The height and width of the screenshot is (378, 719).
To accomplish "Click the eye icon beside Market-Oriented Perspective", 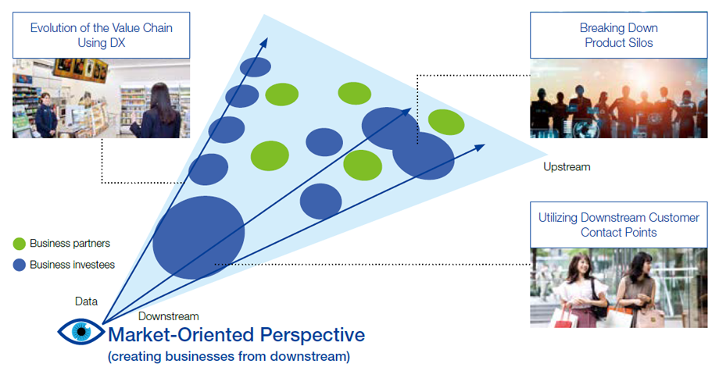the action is [x=81, y=332].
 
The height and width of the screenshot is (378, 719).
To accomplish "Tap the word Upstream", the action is [x=567, y=167].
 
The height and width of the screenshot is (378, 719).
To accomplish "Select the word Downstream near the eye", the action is [x=168, y=316].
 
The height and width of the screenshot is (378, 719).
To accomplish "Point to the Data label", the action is [x=86, y=301].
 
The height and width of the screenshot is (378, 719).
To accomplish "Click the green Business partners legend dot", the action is [x=20, y=244].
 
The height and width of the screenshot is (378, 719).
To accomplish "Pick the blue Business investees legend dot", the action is [x=20, y=265].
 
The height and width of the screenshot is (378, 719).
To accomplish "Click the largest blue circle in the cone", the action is [x=199, y=237].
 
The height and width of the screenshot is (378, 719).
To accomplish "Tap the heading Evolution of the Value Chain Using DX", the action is [x=102, y=35].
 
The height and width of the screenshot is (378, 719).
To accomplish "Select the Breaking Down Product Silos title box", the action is [x=619, y=35].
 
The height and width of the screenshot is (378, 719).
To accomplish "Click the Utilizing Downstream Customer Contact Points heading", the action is [x=619, y=225].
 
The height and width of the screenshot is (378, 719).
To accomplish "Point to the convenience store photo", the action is [x=102, y=98].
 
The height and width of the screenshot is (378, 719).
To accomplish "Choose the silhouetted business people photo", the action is [x=619, y=98].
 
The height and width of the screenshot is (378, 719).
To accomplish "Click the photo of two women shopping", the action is [x=619, y=287].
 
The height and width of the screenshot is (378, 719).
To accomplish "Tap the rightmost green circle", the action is [x=446, y=123].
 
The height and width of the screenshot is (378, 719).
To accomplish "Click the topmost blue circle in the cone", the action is [x=256, y=67].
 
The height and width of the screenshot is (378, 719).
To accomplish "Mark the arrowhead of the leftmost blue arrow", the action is [x=264, y=42].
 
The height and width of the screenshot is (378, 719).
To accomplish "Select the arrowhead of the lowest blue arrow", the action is [x=480, y=148].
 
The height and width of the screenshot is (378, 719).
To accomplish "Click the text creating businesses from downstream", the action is [x=229, y=356].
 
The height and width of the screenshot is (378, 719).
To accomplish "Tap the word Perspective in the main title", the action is [x=313, y=335].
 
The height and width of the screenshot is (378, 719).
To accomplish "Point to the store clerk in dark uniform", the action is [x=46, y=115].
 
